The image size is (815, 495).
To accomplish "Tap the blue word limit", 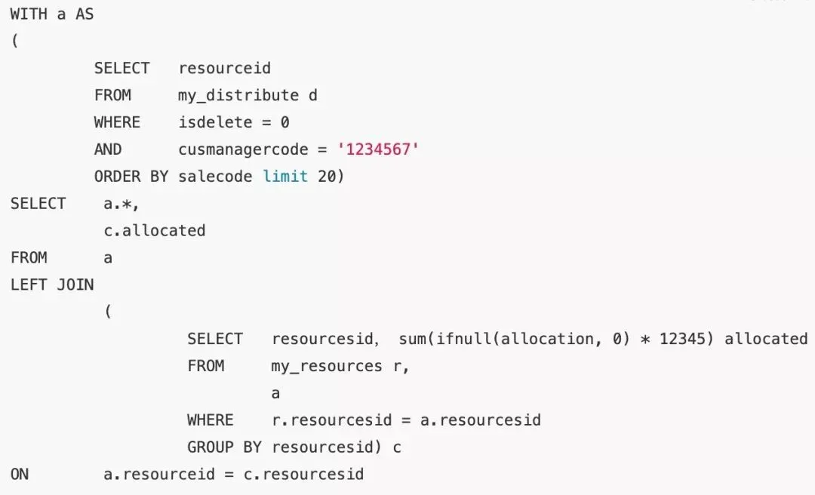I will coord(285,177).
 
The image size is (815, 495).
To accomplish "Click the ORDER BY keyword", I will coord(117,177).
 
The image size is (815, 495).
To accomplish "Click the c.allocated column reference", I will coord(154,231).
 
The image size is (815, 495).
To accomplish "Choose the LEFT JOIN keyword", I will coord(52,285).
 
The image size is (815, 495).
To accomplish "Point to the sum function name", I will coord(412,339).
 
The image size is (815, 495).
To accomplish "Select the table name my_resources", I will coord(327,367).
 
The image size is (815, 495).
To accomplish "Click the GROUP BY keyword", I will coord(224,447).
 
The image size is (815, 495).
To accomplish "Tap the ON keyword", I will coord(20,475).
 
